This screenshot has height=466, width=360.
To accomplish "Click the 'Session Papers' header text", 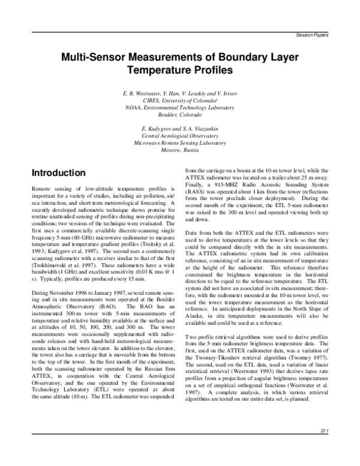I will (x=313, y=35).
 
